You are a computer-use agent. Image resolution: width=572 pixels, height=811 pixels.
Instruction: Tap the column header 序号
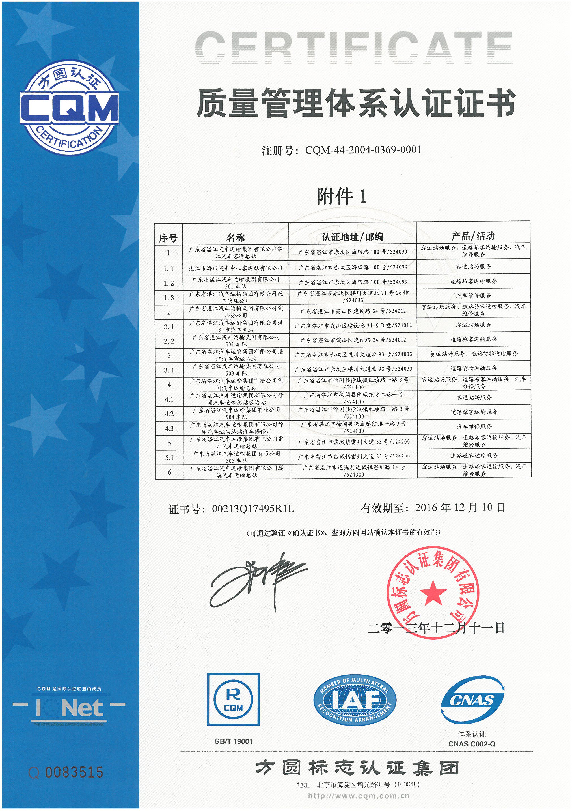[168, 238]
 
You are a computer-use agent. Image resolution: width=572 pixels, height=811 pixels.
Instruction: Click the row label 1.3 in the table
[169, 298]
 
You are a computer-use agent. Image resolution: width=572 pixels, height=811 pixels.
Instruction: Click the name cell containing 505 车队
[236, 457]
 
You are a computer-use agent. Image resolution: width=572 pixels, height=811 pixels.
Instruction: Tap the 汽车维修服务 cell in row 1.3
[474, 296]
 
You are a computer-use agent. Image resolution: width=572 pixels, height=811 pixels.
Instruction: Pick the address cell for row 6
[353, 471]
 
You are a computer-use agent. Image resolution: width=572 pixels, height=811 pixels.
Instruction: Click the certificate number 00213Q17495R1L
[253, 508]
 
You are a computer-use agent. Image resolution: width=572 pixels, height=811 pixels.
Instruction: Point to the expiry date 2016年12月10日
[460, 508]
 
